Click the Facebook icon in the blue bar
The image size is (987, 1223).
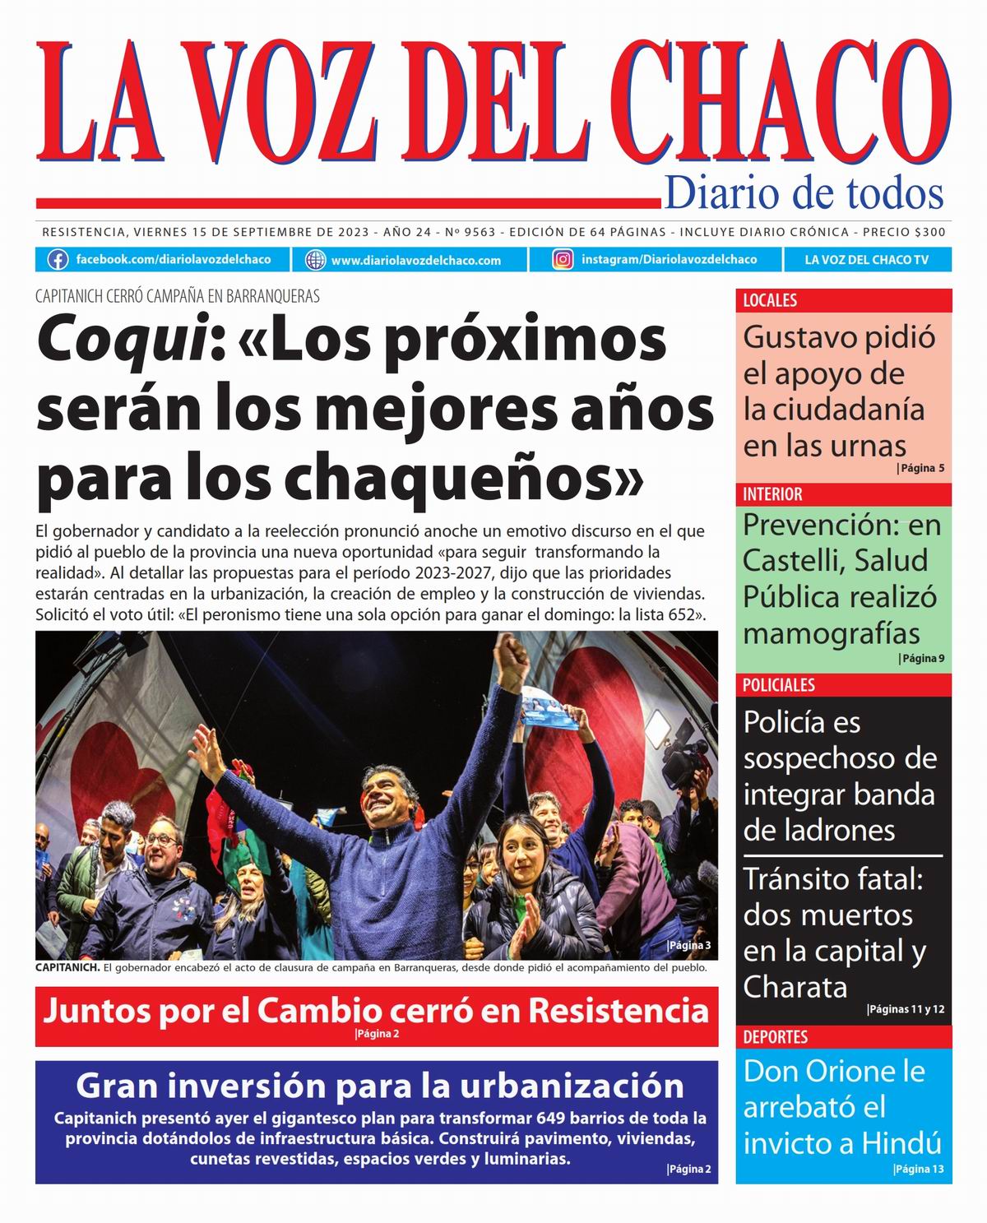click(x=58, y=260)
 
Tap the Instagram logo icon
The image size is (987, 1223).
click(x=563, y=260)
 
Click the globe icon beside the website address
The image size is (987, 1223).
click(x=315, y=260)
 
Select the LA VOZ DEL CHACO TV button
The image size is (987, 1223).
click(x=866, y=260)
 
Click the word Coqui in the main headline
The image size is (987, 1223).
click(x=120, y=340)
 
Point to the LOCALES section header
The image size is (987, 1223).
click(x=770, y=300)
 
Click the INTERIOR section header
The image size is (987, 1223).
click(x=772, y=494)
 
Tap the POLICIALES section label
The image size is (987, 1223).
click(x=778, y=685)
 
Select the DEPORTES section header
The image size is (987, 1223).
click(x=775, y=1037)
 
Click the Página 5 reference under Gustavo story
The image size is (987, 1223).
click(x=921, y=469)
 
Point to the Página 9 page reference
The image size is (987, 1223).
click(x=922, y=658)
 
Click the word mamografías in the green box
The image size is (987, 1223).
click(x=832, y=634)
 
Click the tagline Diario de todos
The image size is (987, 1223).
click(x=804, y=193)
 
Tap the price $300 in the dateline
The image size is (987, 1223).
click(x=929, y=233)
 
